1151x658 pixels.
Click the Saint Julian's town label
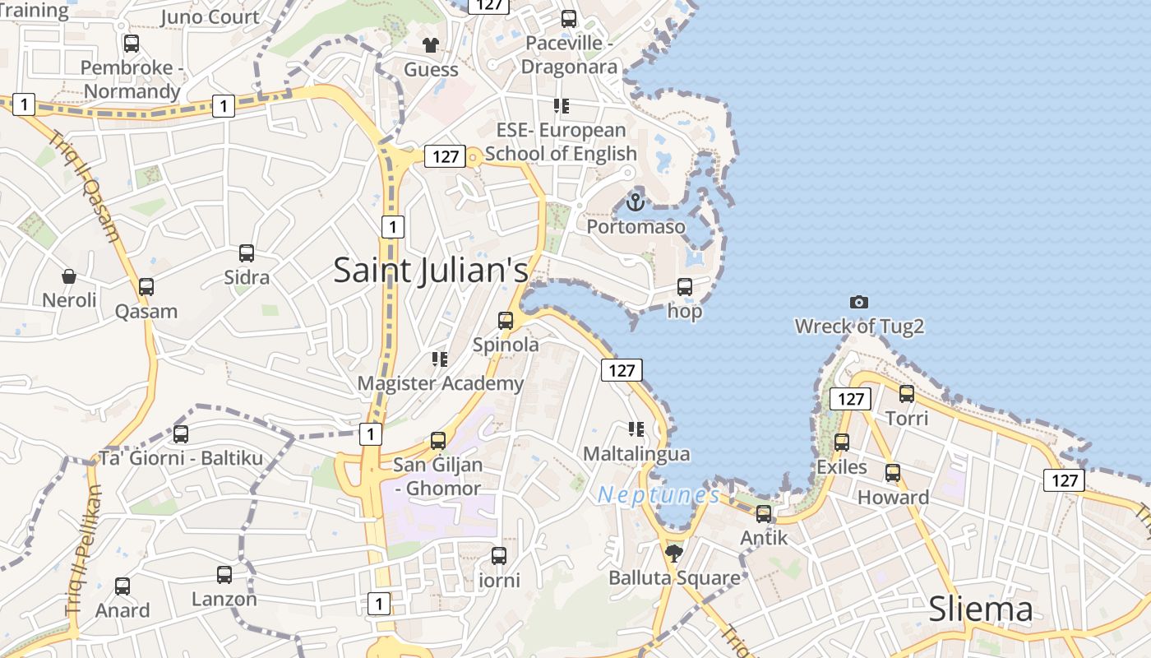tap(430, 271)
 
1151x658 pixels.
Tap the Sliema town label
tap(980, 609)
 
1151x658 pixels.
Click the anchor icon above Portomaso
tap(635, 202)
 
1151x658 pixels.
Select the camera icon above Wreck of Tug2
tap(859, 303)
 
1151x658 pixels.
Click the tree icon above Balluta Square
tap(674, 554)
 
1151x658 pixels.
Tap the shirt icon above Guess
tap(430, 44)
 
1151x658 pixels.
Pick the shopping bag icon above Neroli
tap(69, 276)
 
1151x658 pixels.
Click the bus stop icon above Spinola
tap(506, 321)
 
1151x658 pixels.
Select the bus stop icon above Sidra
tap(247, 253)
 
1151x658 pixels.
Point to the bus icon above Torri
tap(907, 394)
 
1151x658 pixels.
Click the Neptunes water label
tap(659, 495)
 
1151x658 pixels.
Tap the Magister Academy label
tap(440, 383)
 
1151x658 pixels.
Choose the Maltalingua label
tap(636, 453)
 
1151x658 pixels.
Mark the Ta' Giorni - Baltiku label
tap(181, 458)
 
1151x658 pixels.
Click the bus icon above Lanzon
tap(224, 575)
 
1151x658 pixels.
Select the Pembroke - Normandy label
tap(132, 79)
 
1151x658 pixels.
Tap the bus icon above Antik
tap(764, 514)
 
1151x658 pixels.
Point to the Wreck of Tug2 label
tap(859, 327)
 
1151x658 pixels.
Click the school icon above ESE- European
tap(562, 106)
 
